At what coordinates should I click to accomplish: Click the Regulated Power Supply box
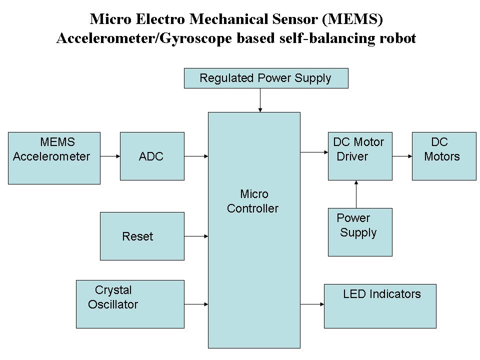265,78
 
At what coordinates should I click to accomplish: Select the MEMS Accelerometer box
54,158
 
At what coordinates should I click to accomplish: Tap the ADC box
152,156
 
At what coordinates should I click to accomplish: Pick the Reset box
142,236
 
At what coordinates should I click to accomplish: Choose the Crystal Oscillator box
130,304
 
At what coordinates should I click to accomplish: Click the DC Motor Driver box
359,156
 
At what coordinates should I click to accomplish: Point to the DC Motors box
443,156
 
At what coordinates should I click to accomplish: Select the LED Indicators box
380,306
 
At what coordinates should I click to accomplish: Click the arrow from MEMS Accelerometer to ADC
110,156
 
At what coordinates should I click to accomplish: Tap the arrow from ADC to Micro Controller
196,156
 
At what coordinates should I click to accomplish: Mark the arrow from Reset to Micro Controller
196,236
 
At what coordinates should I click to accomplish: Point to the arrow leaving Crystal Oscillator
196,304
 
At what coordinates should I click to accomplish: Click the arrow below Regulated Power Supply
260,100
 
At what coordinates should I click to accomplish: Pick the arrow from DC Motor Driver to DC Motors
402,156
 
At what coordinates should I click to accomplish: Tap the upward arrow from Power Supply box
356,194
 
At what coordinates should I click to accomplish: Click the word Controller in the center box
252,208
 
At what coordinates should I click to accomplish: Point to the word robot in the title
398,38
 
